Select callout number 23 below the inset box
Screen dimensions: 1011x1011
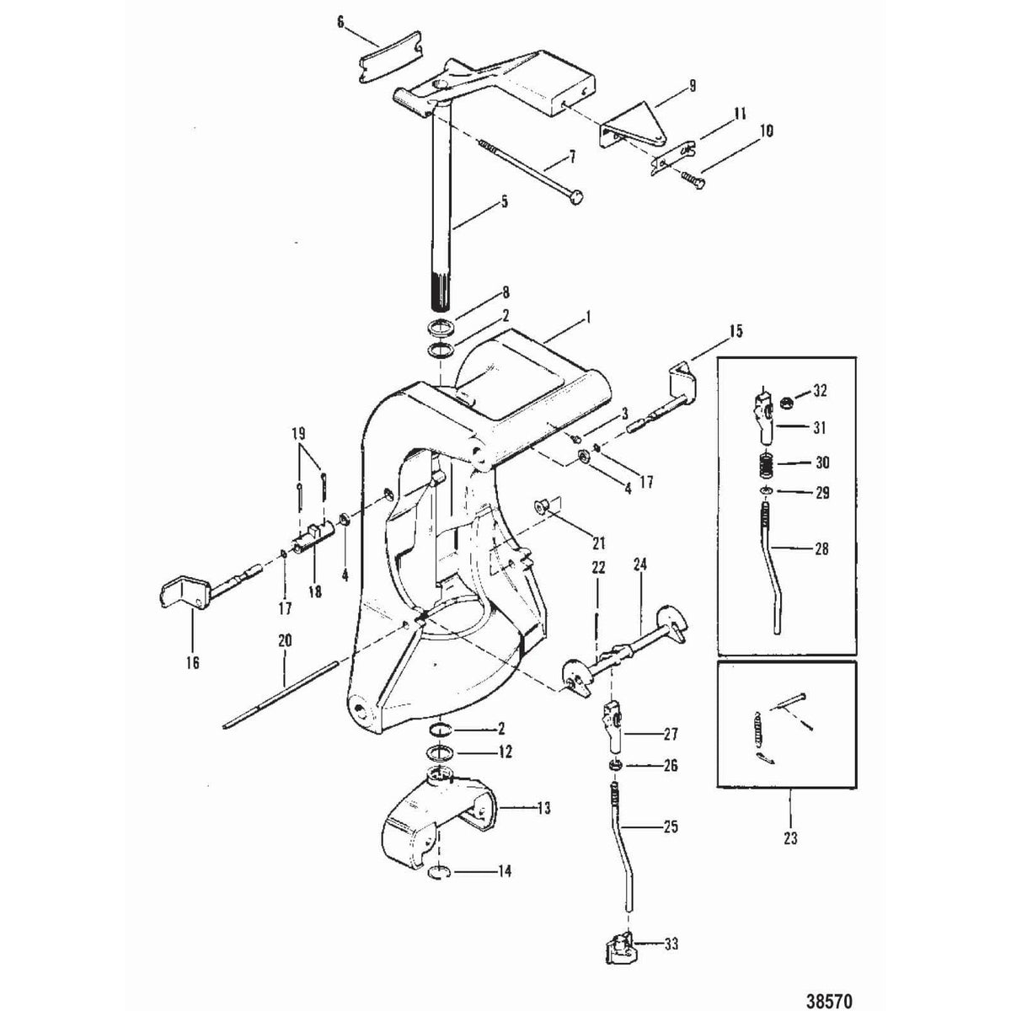click(793, 838)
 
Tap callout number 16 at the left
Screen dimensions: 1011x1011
click(192, 663)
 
